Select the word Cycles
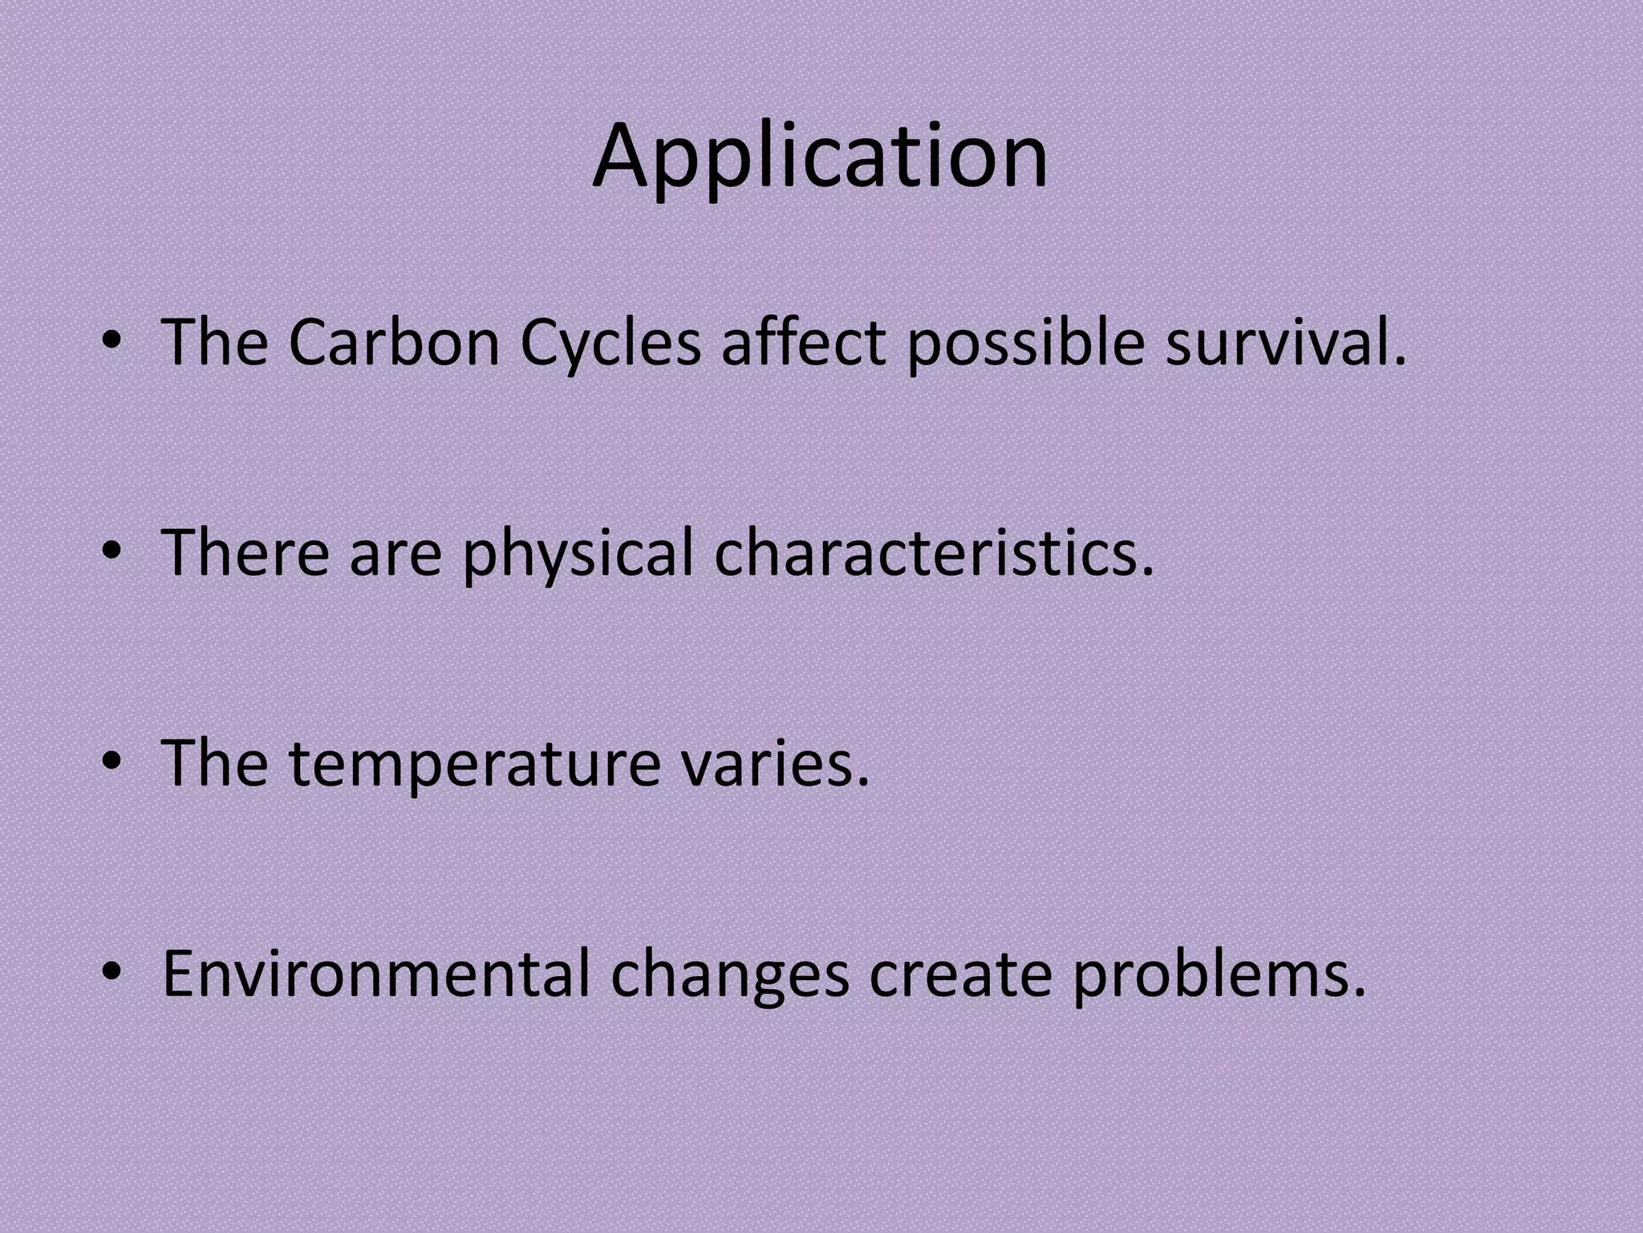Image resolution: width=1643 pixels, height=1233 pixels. [x=610, y=343]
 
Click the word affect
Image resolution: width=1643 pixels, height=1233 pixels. [x=802, y=343]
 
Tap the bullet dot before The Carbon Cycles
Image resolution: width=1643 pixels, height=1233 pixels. [x=112, y=343]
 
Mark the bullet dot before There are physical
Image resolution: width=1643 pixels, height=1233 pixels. [x=112, y=552]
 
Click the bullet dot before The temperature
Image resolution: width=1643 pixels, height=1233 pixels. [x=112, y=763]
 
